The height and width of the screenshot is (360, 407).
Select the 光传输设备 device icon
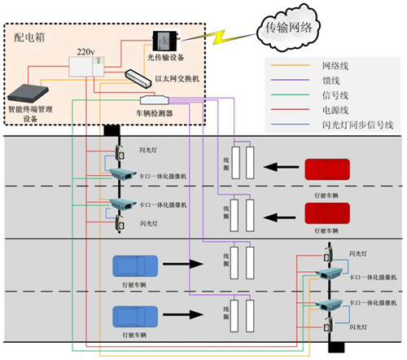(168, 40)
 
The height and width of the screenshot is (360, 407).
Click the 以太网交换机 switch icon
(138, 77)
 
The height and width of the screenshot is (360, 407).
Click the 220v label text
(85, 50)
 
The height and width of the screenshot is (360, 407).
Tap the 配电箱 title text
(29, 37)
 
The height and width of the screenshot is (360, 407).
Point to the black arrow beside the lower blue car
(184, 314)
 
